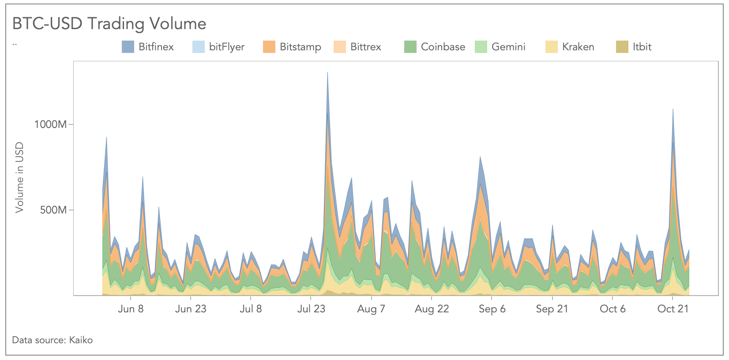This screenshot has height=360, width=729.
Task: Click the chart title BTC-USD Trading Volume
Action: click(109, 24)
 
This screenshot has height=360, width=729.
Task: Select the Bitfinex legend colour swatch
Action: click(128, 47)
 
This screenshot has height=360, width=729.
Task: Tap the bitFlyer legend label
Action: click(226, 47)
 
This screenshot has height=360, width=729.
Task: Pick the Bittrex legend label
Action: click(365, 47)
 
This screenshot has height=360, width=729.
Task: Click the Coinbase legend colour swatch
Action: click(410, 47)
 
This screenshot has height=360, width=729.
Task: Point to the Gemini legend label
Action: click(508, 47)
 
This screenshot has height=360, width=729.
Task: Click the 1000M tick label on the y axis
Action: click(50, 124)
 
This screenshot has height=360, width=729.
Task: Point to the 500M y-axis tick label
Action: click(53, 210)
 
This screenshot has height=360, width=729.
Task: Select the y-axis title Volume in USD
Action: click(19, 177)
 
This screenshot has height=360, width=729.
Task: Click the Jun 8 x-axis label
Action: click(131, 309)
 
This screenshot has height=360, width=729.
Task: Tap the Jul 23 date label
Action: click(311, 309)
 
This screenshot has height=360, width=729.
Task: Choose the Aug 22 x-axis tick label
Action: click(432, 309)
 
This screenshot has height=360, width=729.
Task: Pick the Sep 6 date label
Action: click(492, 309)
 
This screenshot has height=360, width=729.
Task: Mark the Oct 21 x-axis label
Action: click(673, 309)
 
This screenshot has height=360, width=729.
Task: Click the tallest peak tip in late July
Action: click(327, 73)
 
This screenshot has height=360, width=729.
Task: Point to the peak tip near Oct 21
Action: click(673, 109)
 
